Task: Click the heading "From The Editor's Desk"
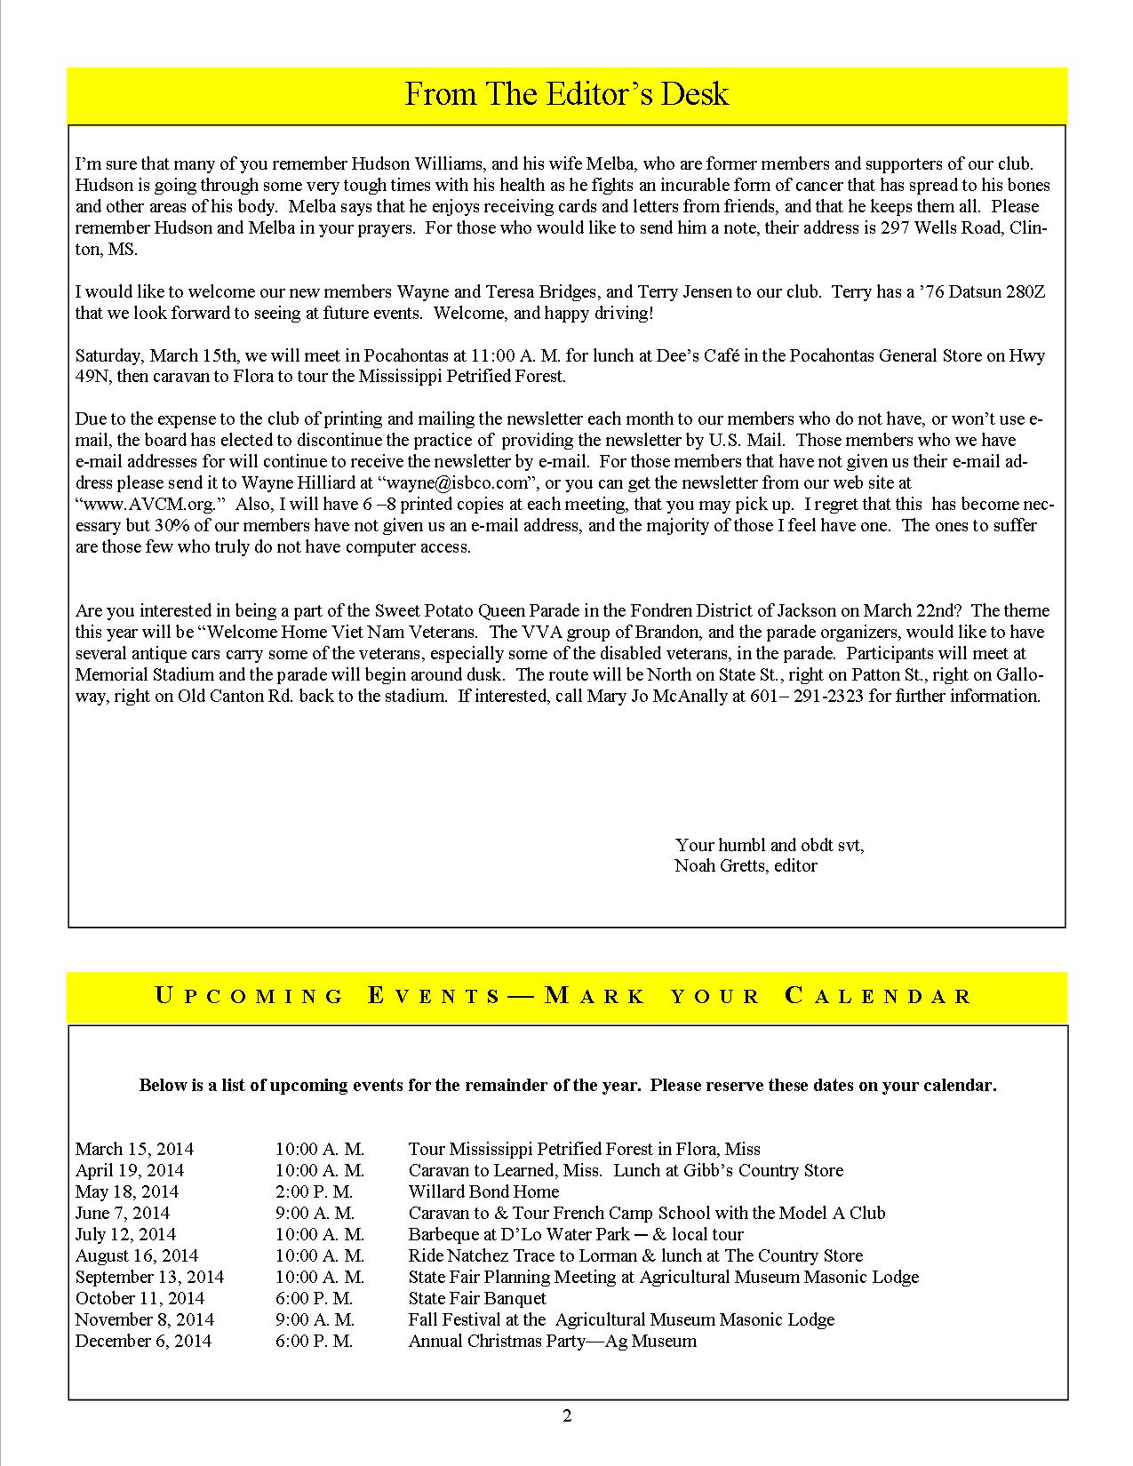coord(566,94)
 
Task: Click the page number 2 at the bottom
coord(567,1416)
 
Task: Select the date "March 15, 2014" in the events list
coord(134,1149)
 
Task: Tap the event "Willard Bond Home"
coord(483,1191)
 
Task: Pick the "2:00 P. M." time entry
coord(314,1191)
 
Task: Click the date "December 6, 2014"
coord(143,1341)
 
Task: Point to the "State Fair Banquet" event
coord(477,1298)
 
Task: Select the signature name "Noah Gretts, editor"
coord(746,865)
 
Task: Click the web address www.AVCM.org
coord(150,504)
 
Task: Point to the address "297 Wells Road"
coord(937,228)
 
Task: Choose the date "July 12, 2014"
coord(125,1234)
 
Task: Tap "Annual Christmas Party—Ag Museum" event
coord(552,1341)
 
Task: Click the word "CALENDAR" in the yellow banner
coord(878,996)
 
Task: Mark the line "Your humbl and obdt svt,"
coord(770,844)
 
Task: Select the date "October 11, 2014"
coord(139,1298)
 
